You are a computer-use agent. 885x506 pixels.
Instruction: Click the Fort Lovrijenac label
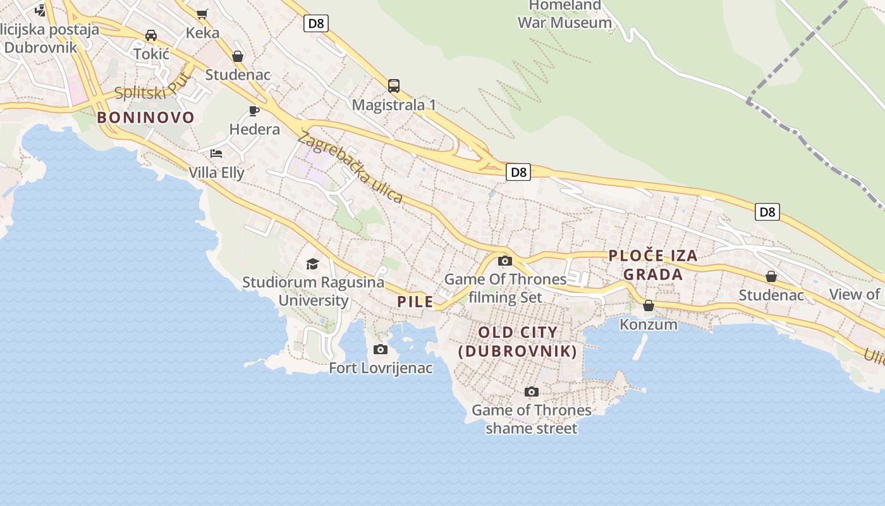click(381, 367)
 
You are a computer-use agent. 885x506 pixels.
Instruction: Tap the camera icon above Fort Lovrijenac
click(380, 349)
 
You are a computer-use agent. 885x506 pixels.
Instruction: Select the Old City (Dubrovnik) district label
click(518, 342)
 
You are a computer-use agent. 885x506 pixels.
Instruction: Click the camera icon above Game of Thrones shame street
click(532, 392)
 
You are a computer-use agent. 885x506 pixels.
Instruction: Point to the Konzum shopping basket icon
click(648, 306)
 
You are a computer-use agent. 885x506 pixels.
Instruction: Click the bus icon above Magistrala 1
click(394, 85)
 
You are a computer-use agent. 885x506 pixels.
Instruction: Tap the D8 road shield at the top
click(316, 24)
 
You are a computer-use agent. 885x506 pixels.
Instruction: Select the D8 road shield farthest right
click(767, 212)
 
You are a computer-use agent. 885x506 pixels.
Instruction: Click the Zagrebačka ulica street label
click(351, 167)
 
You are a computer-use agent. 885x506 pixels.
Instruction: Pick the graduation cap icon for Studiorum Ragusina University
click(312, 264)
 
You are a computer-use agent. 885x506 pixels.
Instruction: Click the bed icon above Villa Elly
click(216, 153)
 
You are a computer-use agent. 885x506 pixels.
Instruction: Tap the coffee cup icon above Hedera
click(254, 111)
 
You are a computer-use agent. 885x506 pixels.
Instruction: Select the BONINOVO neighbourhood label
click(145, 118)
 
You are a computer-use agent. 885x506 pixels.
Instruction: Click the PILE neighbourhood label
click(415, 302)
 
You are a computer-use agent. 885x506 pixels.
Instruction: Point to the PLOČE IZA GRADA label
click(653, 264)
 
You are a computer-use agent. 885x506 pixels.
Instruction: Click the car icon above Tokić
click(151, 35)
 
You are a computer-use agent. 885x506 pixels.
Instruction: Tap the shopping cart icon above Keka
click(202, 14)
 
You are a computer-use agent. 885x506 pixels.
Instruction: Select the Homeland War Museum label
click(565, 14)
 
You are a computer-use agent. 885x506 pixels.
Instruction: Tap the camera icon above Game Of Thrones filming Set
click(504, 261)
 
